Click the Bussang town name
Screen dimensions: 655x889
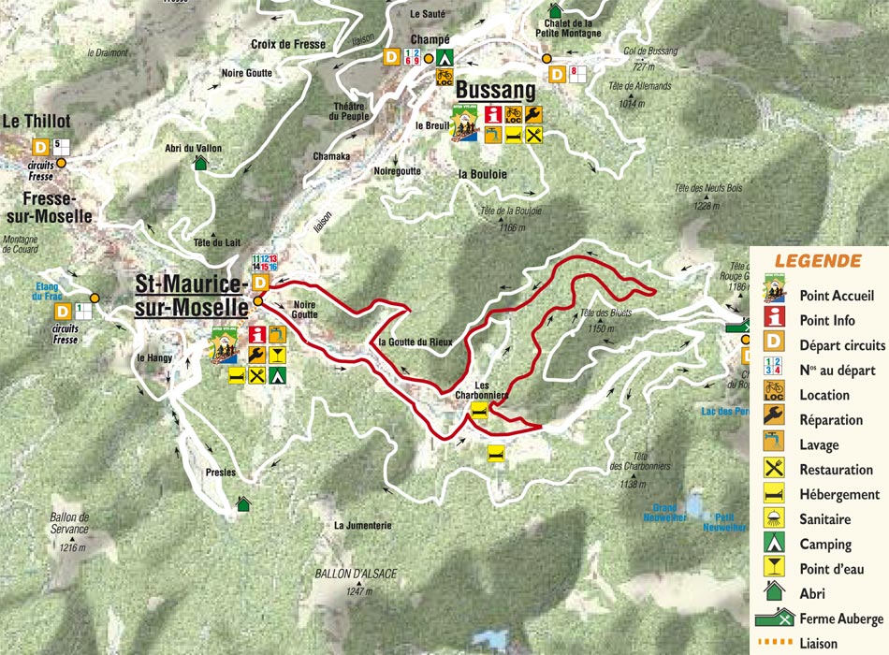coord(495,91)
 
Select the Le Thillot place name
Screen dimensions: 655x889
coord(36,121)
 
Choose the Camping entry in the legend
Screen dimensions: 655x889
coord(825,544)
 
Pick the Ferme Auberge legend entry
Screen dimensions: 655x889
coord(840,619)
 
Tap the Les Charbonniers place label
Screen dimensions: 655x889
coord(490,390)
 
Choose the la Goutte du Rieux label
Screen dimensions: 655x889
coord(415,342)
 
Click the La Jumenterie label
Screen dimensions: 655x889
coord(362,526)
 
